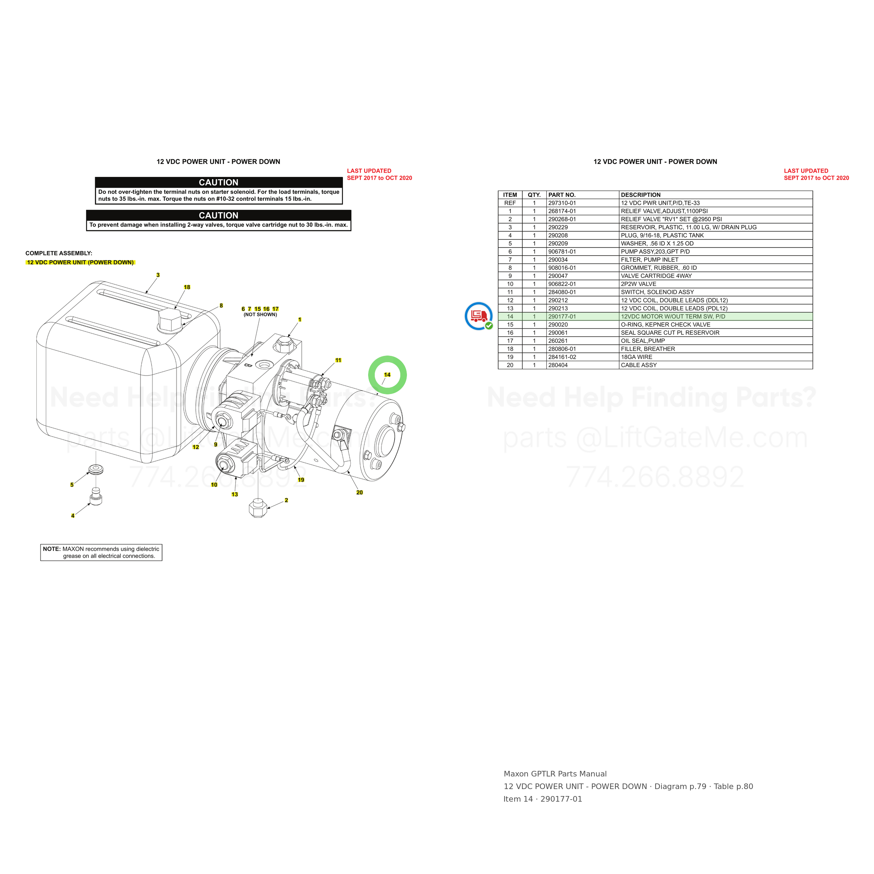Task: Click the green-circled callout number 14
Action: pyautogui.click(x=387, y=374)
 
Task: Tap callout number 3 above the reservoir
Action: pyautogui.click(x=158, y=275)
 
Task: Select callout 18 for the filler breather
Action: pyautogui.click(x=187, y=287)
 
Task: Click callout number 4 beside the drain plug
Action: pyautogui.click(x=73, y=516)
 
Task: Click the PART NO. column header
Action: pyautogui.click(x=562, y=195)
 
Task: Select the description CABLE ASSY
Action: pyautogui.click(x=639, y=365)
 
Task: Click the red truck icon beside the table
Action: pyautogui.click(x=479, y=316)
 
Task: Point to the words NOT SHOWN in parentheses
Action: pyautogui.click(x=260, y=314)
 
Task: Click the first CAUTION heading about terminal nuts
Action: pyautogui.click(x=218, y=182)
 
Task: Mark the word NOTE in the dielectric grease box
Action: pyautogui.click(x=52, y=549)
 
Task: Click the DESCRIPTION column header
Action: pyautogui.click(x=640, y=195)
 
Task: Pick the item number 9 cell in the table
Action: pyautogui.click(x=510, y=276)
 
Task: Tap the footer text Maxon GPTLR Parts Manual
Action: pyautogui.click(x=555, y=774)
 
